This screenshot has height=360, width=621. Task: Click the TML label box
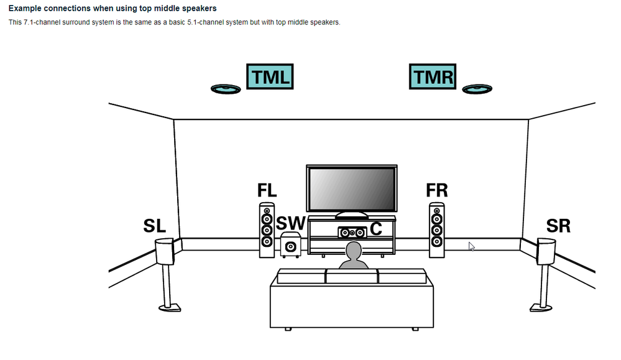click(269, 78)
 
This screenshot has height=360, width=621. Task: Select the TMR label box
click(433, 78)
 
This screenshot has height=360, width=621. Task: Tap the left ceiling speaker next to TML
click(226, 90)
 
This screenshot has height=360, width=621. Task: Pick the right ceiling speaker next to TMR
click(477, 90)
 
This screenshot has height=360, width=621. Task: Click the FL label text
click(267, 191)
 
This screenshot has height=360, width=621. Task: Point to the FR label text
click(437, 190)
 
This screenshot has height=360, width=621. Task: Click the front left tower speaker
click(267, 229)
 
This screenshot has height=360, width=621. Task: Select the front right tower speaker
click(437, 229)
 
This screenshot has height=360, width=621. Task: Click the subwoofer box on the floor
click(290, 245)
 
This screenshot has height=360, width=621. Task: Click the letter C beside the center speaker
click(376, 229)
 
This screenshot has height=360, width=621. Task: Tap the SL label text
click(155, 226)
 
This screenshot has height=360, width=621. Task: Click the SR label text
click(558, 225)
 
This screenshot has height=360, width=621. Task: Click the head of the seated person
click(353, 252)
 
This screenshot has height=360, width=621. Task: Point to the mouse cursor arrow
click(471, 246)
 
